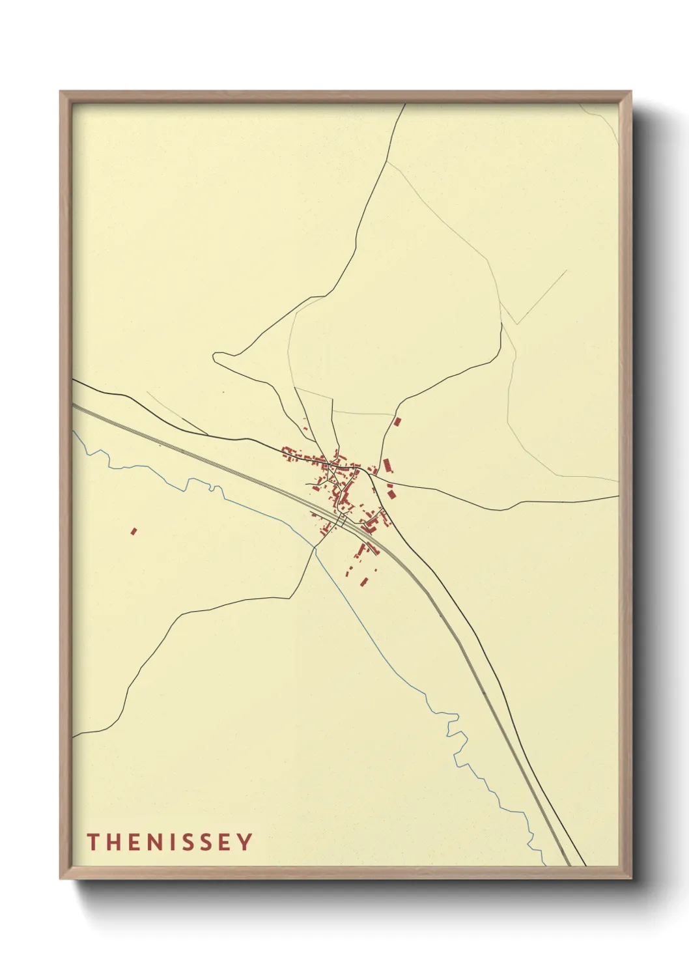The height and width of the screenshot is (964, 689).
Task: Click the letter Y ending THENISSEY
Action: click(245, 842)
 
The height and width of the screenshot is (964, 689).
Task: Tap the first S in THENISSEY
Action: click(190, 842)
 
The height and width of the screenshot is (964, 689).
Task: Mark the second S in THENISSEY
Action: click(208, 842)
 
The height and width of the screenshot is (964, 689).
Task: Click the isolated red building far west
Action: click(134, 531)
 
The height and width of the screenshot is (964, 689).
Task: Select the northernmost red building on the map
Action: click(397, 421)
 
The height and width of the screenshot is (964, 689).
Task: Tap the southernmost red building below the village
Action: click(365, 580)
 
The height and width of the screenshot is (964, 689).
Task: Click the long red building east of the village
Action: click(387, 465)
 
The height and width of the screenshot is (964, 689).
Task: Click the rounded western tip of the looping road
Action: click(214, 356)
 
